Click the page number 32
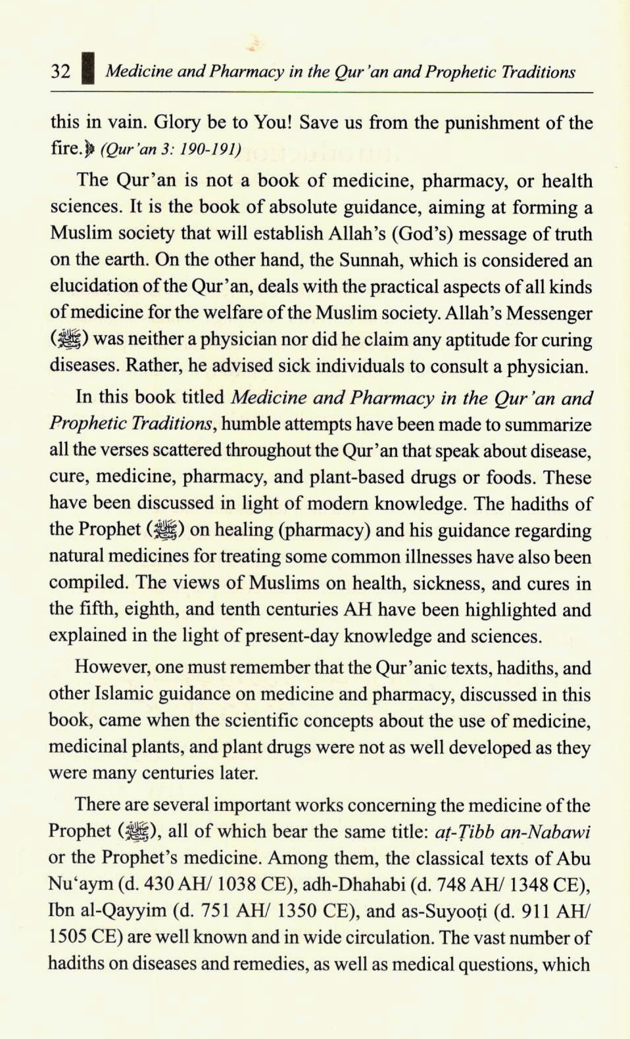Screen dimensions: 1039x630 coord(61,70)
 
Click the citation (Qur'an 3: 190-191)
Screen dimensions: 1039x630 coord(170,149)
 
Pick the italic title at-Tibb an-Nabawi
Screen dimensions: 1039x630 coord(512,831)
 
